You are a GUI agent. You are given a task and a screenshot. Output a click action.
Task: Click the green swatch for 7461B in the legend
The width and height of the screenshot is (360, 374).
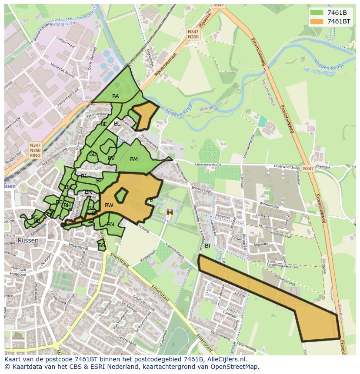317,13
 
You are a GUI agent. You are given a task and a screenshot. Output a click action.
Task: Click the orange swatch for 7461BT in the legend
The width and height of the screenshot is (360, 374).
317,21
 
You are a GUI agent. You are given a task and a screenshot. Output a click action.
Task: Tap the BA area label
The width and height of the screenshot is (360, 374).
116,96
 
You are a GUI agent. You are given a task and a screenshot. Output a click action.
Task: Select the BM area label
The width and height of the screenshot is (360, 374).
134,159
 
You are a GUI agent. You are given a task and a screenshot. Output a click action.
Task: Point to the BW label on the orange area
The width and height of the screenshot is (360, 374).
109,205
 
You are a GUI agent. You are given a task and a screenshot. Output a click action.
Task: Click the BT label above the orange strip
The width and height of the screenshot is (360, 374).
208,246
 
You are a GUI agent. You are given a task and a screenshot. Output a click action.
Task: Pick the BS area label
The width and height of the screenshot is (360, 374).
102,245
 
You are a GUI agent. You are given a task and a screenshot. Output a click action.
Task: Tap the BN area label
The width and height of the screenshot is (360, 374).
111,225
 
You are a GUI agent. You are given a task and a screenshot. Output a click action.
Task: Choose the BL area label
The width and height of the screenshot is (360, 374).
117,124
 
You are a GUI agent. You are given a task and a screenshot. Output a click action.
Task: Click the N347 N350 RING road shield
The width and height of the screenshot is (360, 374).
35,150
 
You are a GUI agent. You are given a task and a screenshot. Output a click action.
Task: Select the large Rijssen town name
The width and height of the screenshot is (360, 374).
28,240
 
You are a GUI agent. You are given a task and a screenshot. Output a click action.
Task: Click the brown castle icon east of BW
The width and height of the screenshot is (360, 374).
170,212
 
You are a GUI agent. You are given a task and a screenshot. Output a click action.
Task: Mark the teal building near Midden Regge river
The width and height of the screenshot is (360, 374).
262,121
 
